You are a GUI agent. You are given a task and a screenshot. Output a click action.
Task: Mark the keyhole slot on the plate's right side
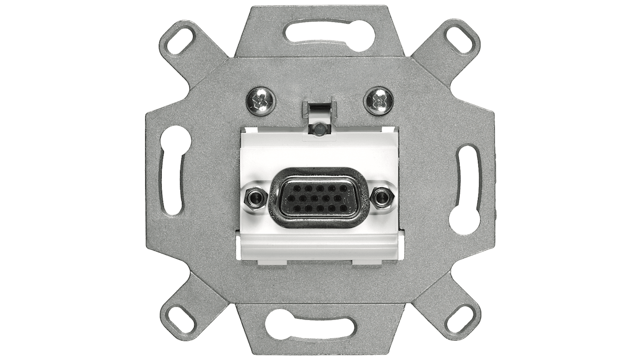(464, 190)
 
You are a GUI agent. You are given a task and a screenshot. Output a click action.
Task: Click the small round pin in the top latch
(319, 128)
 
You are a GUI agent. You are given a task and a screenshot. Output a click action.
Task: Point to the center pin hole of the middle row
(314, 198)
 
